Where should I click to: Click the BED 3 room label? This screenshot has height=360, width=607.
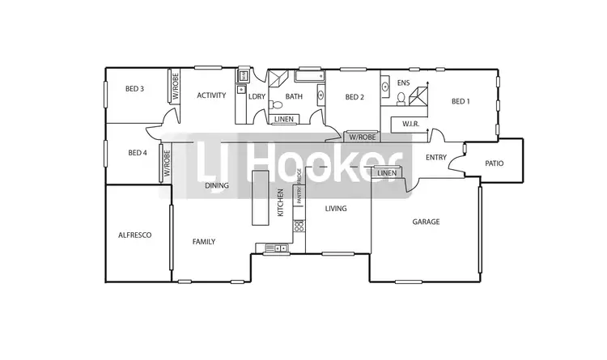[134, 89]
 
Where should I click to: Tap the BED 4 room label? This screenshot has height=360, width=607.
[138, 153]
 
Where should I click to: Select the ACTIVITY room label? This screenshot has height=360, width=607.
[211, 95]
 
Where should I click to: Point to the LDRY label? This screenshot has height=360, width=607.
[257, 97]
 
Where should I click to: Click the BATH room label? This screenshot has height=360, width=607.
[294, 97]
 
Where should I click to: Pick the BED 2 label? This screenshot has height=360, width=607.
[354, 97]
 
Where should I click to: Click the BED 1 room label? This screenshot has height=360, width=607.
[461, 101]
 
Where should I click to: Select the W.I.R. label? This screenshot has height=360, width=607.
[403, 123]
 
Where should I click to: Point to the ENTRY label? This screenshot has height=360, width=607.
[435, 158]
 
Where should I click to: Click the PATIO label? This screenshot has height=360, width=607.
[494, 163]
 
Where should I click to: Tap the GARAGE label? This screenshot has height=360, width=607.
[426, 222]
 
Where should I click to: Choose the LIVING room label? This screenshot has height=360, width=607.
[335, 209]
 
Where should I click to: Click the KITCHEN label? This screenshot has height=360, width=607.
[281, 203]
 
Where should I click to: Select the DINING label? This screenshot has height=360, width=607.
[216, 185]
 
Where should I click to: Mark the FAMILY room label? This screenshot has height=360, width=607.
[203, 241]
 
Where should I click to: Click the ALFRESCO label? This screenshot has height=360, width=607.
[134, 235]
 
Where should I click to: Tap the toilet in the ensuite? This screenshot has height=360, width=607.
[401, 99]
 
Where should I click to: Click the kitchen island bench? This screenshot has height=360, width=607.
[261, 198]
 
